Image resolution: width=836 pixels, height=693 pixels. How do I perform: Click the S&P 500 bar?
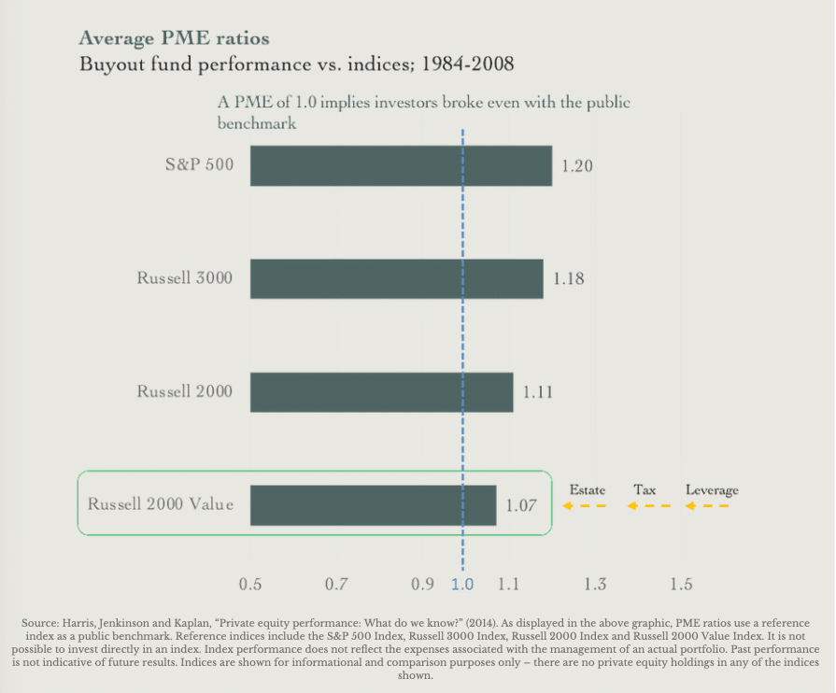(x=401, y=165)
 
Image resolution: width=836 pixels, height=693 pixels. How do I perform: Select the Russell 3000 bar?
(x=396, y=278)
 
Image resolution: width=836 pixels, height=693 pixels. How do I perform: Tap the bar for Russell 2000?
(x=381, y=392)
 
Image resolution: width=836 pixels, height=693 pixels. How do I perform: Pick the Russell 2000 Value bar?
(x=373, y=505)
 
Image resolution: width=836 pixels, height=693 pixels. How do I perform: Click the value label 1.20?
(x=577, y=166)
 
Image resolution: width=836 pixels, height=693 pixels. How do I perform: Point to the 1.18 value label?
(x=568, y=278)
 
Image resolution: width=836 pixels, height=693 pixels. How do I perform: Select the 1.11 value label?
(x=537, y=392)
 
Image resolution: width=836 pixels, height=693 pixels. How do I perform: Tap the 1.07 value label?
(x=521, y=505)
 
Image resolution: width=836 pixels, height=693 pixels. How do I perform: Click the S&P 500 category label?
(x=199, y=165)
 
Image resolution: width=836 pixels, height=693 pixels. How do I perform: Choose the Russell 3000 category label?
(x=184, y=278)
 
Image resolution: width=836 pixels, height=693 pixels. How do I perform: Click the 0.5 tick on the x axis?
(x=250, y=585)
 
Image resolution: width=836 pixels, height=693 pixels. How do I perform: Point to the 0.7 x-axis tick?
(x=336, y=585)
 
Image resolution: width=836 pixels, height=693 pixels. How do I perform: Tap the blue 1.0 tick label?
(x=462, y=585)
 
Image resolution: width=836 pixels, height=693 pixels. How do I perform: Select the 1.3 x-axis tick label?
(x=594, y=585)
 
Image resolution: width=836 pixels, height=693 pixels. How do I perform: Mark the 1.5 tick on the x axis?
(x=681, y=585)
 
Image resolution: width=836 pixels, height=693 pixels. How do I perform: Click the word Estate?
(x=588, y=490)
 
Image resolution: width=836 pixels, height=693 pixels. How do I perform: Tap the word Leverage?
(x=712, y=490)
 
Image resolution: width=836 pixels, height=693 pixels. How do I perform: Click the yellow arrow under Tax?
(x=649, y=506)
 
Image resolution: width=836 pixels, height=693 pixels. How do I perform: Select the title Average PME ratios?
(x=175, y=38)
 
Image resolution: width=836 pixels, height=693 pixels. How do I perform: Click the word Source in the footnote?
(x=38, y=622)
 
